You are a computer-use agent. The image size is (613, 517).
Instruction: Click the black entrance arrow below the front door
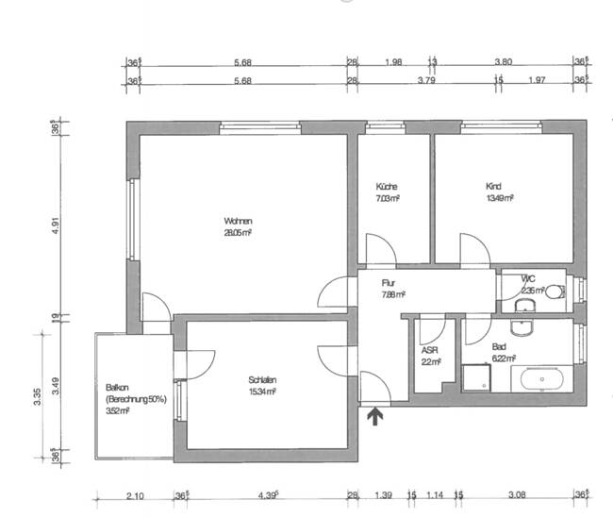click(374, 415)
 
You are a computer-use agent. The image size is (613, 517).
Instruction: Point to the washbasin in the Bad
click(521, 327)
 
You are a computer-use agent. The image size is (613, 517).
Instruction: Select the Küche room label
click(387, 186)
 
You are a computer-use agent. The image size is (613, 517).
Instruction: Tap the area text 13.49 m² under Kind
click(499, 198)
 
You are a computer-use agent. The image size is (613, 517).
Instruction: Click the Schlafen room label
click(263, 380)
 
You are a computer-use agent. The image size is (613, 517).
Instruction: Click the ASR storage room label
click(429, 349)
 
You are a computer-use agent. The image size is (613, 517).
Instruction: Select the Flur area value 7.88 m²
click(393, 294)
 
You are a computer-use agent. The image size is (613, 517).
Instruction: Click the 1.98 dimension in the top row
click(394, 62)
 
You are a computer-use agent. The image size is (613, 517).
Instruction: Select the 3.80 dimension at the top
click(503, 62)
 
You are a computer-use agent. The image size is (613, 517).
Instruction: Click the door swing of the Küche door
click(381, 250)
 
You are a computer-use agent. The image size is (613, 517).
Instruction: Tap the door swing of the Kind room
click(475, 250)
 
